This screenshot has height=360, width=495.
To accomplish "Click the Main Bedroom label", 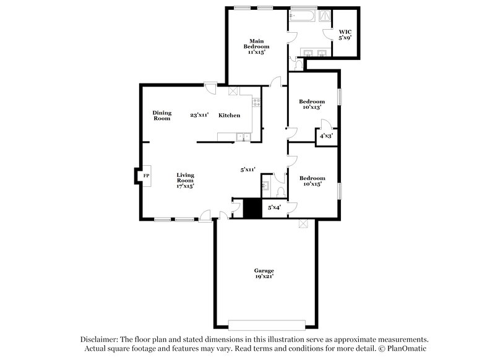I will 255,46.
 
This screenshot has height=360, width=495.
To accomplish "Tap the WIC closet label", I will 344,35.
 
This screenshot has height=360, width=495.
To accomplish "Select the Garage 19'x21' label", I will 264,274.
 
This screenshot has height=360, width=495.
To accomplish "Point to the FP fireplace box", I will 146,176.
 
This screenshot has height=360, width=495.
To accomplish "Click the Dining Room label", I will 162,115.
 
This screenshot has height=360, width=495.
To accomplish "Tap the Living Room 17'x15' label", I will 186,180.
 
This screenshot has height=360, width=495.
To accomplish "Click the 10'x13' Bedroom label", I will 312,105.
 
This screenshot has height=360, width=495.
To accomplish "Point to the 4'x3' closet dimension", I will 326,135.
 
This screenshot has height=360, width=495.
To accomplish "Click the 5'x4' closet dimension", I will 273,208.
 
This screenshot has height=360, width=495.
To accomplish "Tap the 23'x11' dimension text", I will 199,115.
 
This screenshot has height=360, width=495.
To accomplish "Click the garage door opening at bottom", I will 267,324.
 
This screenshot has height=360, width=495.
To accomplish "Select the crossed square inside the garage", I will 303,225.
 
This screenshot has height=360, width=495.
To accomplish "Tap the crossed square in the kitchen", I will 233,92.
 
